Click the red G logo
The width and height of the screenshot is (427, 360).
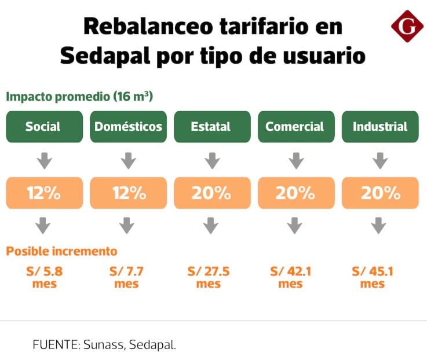[x=407, y=26]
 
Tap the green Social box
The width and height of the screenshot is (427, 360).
[x=43, y=126]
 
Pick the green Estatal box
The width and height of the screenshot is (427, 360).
[x=211, y=126]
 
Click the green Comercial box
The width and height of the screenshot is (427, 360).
[x=295, y=126]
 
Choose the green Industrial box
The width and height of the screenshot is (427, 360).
[x=380, y=126]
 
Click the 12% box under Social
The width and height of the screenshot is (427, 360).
[x=43, y=193]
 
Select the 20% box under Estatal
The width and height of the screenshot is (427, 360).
[x=211, y=193]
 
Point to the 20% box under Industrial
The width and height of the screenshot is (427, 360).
[x=380, y=193]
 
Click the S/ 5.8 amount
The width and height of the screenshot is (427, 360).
[x=43, y=271]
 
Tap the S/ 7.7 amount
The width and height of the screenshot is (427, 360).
[x=126, y=271]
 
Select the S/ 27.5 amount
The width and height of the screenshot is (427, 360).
[x=209, y=271]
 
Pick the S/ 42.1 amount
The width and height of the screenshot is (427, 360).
[x=291, y=271]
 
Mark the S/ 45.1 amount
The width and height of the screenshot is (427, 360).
[x=373, y=271]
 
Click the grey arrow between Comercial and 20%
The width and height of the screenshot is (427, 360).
[x=295, y=160]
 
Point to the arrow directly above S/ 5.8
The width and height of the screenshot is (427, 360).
[x=43, y=225]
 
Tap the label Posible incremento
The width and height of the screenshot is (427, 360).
[x=61, y=251]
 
